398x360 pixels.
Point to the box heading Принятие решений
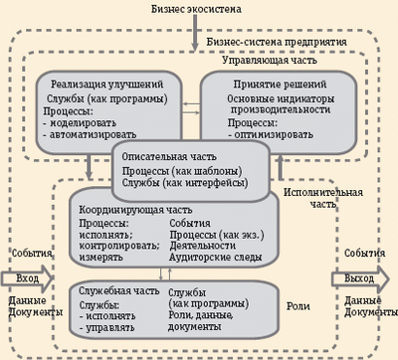pos(276,86)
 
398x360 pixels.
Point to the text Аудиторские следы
pos(218,258)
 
